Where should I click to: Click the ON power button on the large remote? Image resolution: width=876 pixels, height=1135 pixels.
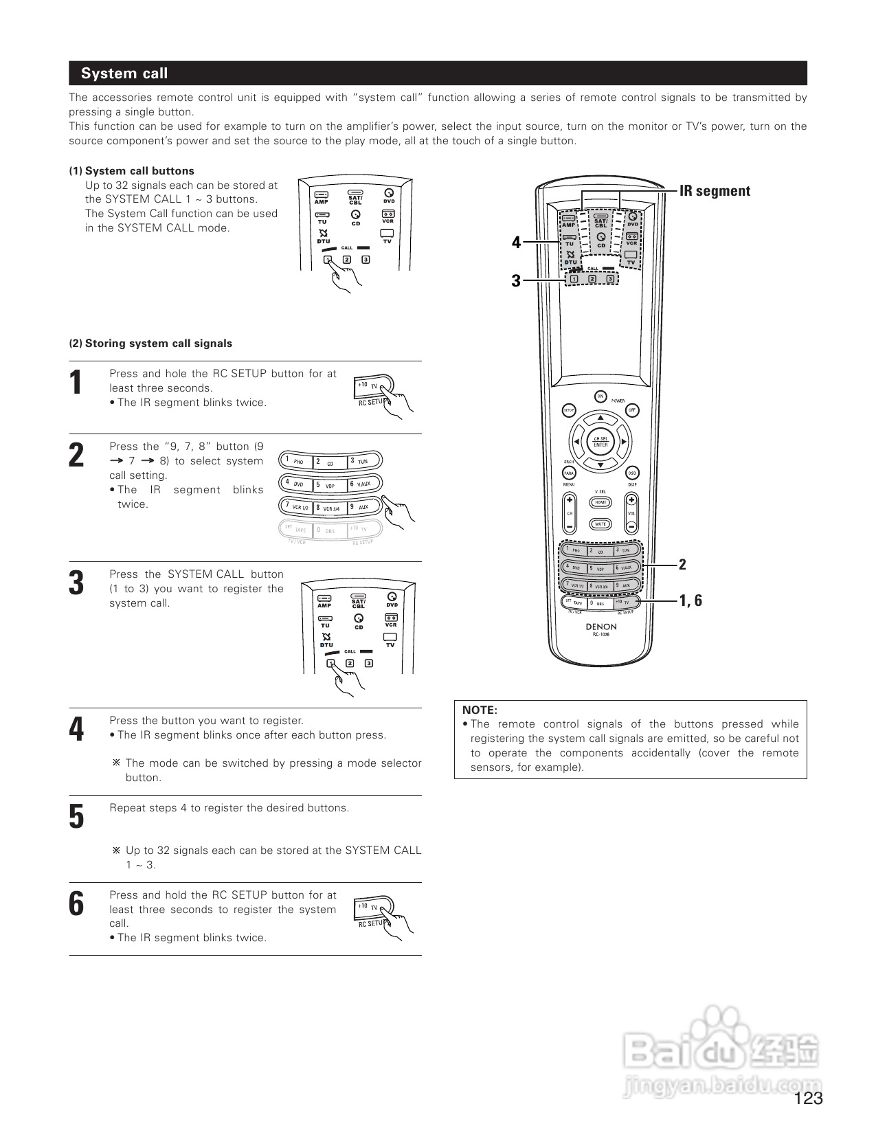[x=600, y=396]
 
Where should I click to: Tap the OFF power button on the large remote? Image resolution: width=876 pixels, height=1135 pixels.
[x=632, y=410]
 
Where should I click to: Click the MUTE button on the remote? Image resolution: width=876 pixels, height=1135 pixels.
[x=600, y=524]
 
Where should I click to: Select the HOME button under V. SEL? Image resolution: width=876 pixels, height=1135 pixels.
[x=600, y=502]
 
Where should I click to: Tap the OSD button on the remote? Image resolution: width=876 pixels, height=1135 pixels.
[x=632, y=473]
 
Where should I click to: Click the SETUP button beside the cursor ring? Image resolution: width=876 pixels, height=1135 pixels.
[x=569, y=410]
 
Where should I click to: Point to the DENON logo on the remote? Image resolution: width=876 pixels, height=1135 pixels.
[x=601, y=627]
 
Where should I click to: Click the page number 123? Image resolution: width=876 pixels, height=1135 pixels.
[x=809, y=1099]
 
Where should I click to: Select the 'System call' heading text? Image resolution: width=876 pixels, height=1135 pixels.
[x=124, y=74]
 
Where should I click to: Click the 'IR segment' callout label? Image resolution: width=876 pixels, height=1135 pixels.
[x=715, y=191]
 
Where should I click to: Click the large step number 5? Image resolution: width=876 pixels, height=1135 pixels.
[x=77, y=817]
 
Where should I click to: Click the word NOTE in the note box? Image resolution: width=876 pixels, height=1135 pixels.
[x=480, y=710]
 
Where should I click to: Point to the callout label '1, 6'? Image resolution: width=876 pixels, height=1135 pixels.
[x=690, y=600]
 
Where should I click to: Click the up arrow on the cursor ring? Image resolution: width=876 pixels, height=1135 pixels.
[x=600, y=418]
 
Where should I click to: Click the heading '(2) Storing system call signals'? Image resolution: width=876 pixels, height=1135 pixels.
[x=150, y=344]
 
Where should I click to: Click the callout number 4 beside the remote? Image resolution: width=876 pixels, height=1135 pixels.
[x=516, y=243]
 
